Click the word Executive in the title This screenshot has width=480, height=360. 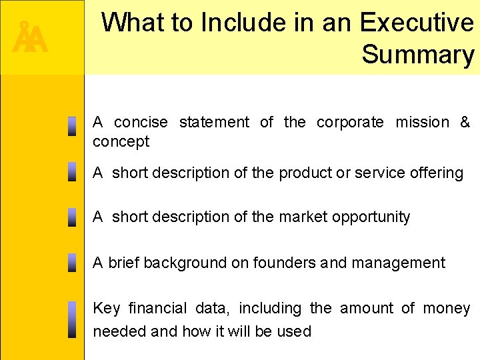pyautogui.click(x=417, y=23)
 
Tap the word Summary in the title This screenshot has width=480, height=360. pyautogui.click(x=418, y=55)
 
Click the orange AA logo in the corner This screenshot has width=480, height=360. pyautogui.click(x=31, y=39)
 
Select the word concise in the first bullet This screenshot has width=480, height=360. pyautogui.click(x=141, y=122)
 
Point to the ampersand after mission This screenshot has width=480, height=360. pyautogui.click(x=465, y=122)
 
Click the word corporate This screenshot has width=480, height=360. pyautogui.click(x=350, y=122)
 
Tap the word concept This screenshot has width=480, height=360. pyautogui.click(x=121, y=141)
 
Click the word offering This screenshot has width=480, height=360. pyautogui.click(x=434, y=173)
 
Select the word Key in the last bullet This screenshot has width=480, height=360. pyautogui.click(x=107, y=308)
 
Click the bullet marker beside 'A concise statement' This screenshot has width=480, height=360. pyautogui.click(x=71, y=127)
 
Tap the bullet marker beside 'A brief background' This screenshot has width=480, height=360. pyautogui.click(x=71, y=263)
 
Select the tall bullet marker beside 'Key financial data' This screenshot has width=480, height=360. pyautogui.click(x=71, y=319)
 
